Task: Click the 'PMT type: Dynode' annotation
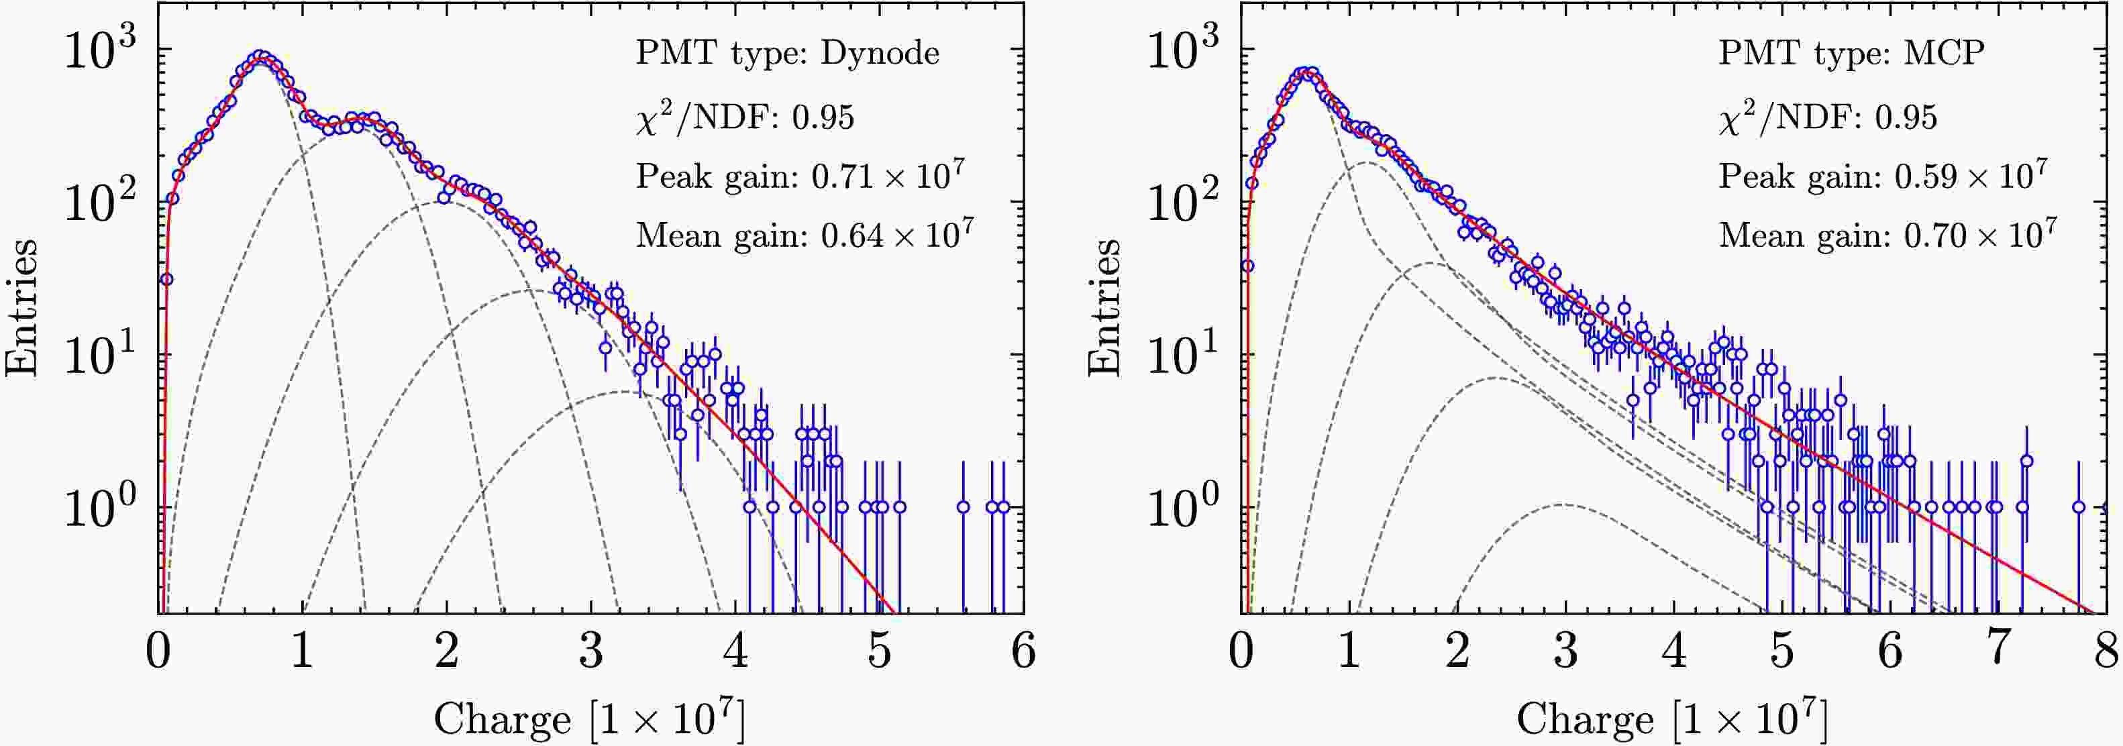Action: coord(787,54)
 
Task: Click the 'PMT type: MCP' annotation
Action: coord(1851,54)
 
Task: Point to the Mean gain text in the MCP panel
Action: coord(1887,235)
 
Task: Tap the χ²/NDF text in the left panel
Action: coord(745,117)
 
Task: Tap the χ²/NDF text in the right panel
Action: coord(1827,117)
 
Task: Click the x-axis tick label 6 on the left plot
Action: coord(1023,651)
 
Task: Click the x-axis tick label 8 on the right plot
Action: coord(2106,651)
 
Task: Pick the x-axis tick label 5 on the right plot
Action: coord(1782,651)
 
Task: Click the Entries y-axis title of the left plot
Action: coord(22,307)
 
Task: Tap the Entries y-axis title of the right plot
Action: coord(1104,307)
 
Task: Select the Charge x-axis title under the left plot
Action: coord(590,718)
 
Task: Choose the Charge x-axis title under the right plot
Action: coord(1672,718)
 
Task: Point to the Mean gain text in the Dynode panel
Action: coord(805,235)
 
